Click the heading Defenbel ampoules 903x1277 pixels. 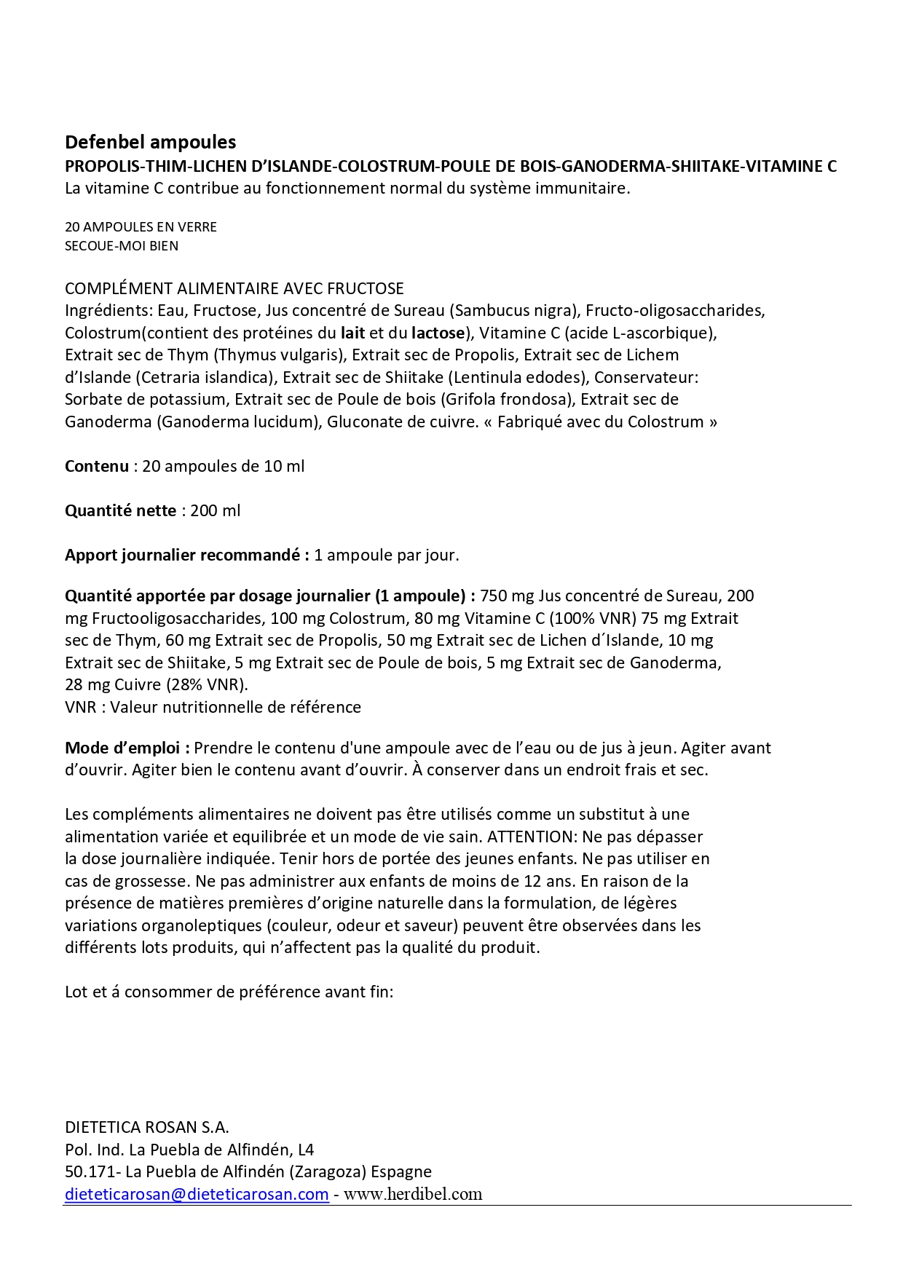(150, 141)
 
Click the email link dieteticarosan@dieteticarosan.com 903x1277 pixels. (197, 1194)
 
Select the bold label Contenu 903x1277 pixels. (97, 466)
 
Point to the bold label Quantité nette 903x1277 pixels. (120, 510)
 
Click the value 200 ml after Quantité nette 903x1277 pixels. (216, 510)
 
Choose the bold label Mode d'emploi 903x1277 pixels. (127, 748)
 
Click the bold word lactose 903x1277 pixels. (437, 333)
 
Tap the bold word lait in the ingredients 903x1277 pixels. (353, 333)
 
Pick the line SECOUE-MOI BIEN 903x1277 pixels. (122, 245)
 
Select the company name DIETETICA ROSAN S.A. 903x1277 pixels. (147, 1127)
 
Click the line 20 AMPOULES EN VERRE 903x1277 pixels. (141, 226)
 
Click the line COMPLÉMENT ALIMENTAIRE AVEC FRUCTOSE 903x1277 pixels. (234, 288)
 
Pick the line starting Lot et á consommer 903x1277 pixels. (229, 992)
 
